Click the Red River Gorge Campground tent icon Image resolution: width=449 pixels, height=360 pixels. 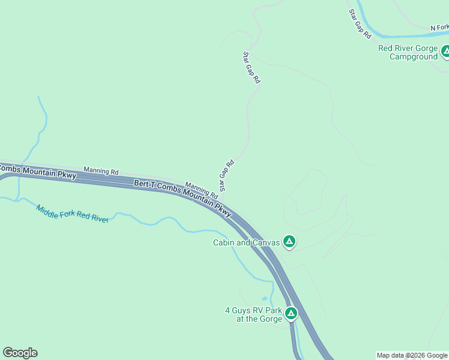(445, 52)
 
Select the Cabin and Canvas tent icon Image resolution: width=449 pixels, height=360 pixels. (289, 242)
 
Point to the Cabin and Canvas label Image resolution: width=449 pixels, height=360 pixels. (247, 242)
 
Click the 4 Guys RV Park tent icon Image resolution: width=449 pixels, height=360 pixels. (291, 313)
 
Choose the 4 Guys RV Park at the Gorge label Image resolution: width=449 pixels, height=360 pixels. (253, 314)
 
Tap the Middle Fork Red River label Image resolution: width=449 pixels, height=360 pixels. (72, 214)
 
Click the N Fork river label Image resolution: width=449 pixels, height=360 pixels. (439, 28)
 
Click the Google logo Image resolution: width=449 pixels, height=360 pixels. (20, 353)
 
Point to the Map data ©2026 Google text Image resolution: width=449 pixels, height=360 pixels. (412, 355)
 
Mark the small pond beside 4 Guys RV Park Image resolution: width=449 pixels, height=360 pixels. (264, 299)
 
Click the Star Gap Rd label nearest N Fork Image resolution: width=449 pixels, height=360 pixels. (360, 25)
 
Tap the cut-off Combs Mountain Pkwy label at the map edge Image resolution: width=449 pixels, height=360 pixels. (37, 171)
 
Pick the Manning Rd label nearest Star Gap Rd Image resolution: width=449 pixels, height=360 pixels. (201, 190)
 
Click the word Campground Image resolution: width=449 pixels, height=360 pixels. (414, 57)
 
